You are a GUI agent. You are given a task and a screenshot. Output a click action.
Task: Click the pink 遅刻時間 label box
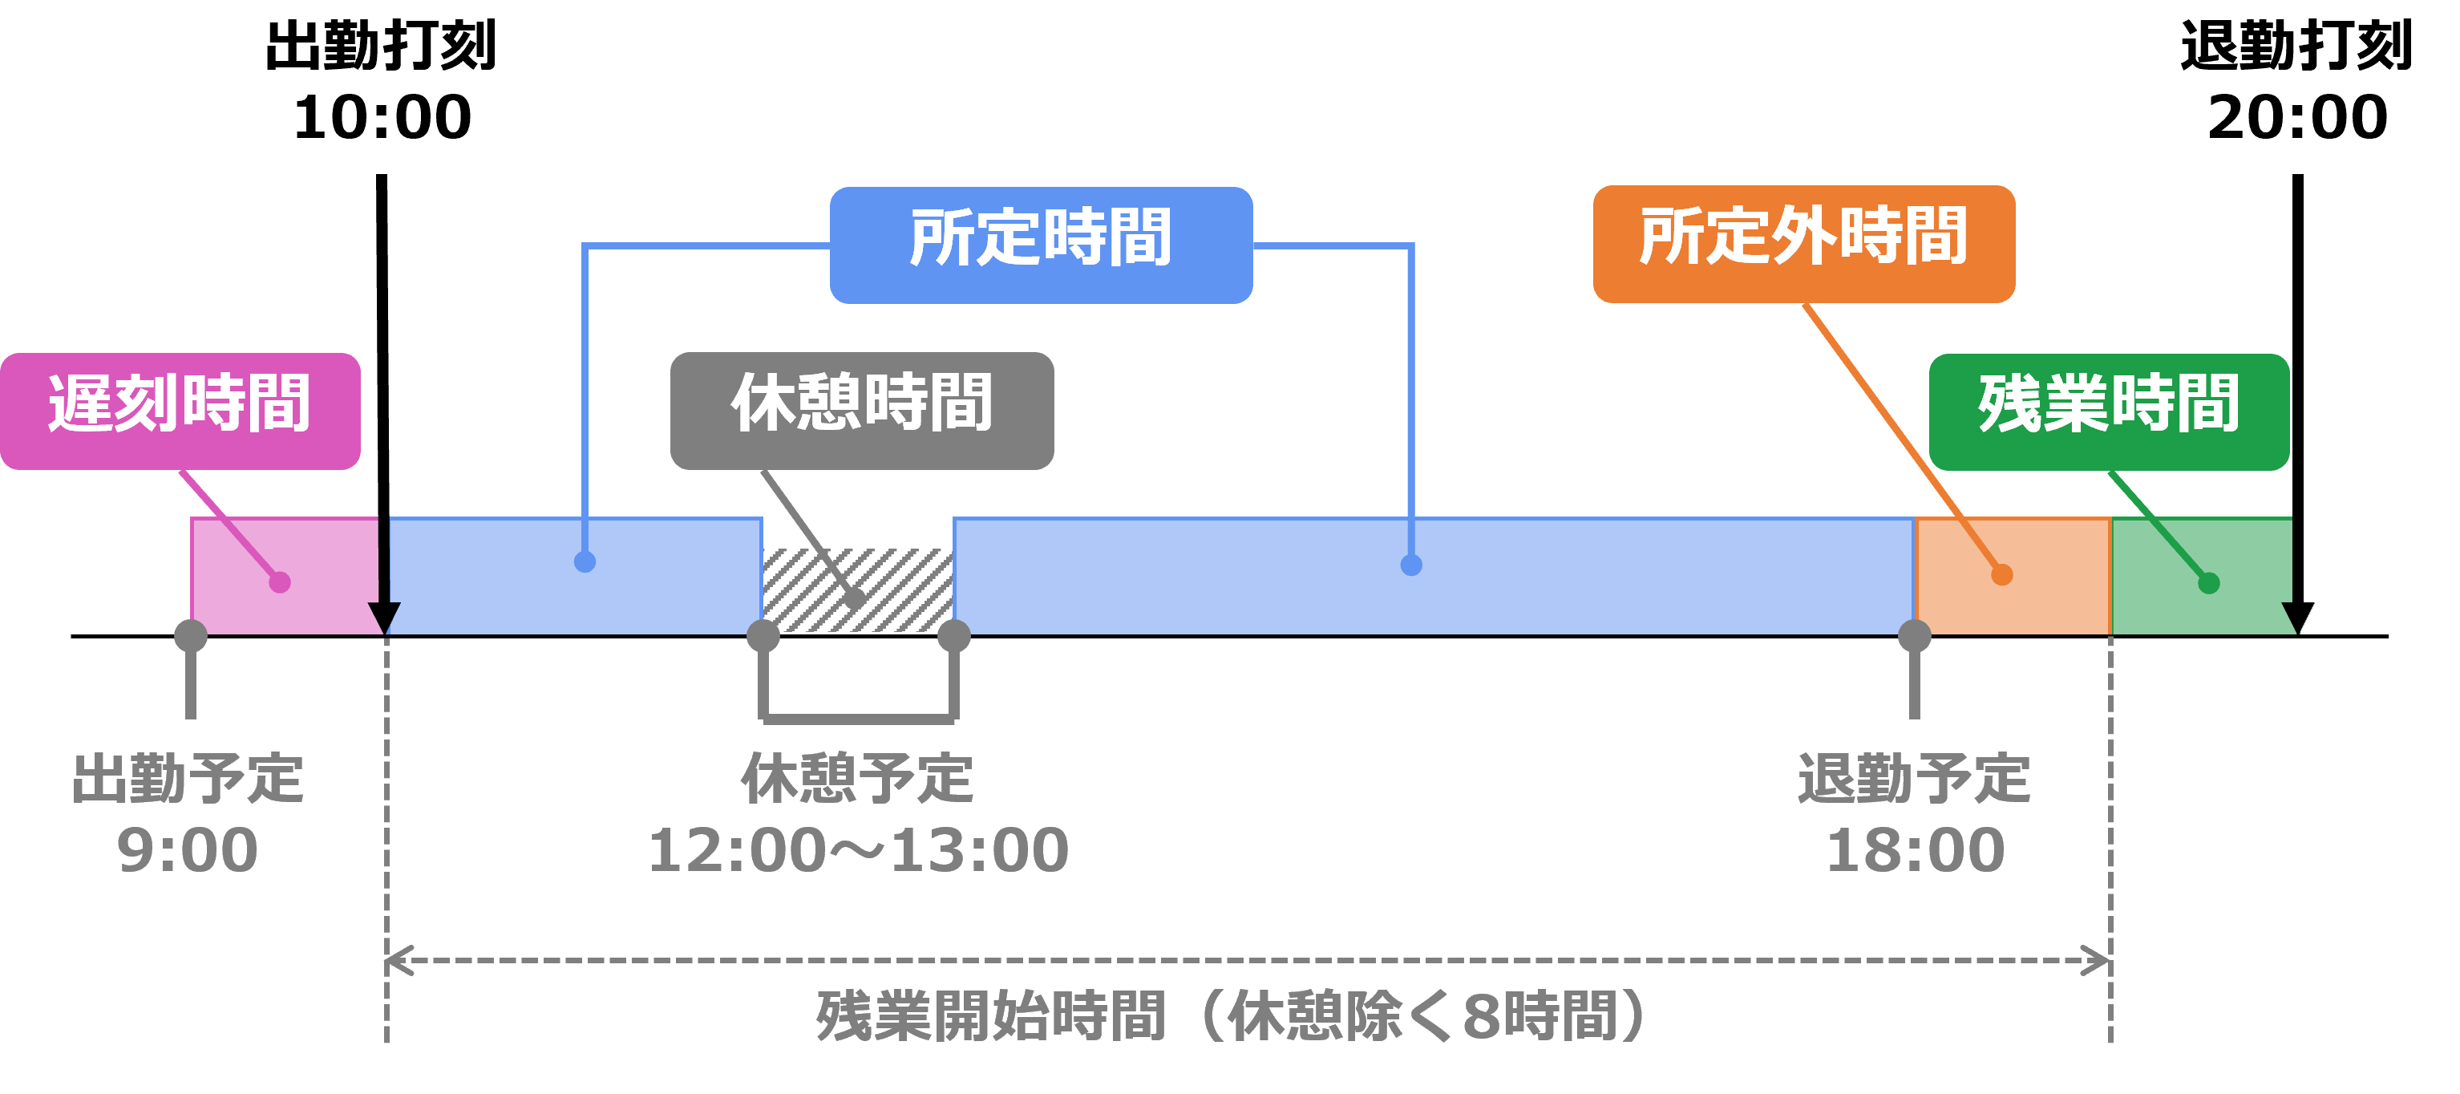[180, 410]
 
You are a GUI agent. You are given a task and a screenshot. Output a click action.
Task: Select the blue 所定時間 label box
[1040, 245]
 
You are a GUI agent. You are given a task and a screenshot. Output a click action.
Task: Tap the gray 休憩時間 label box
[861, 410]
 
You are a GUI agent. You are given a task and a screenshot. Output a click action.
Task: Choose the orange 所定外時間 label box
[1803, 244]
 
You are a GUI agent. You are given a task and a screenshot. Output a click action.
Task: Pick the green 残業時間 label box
[2109, 411]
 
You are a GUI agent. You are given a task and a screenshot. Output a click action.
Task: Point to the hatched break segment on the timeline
[856, 590]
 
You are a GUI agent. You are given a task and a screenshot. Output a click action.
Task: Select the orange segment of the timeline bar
[2012, 574]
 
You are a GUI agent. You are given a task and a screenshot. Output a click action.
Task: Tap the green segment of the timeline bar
[2200, 573]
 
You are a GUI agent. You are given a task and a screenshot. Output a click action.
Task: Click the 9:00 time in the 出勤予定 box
[187, 849]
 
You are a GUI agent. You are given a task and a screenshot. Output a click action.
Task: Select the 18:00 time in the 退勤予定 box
[1915, 849]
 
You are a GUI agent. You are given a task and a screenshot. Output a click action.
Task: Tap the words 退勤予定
[1914, 779]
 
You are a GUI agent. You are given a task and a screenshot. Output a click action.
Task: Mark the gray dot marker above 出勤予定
[191, 635]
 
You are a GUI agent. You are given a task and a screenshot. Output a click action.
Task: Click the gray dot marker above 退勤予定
[1914, 635]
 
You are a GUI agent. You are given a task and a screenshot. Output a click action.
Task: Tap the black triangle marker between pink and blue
[385, 616]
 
